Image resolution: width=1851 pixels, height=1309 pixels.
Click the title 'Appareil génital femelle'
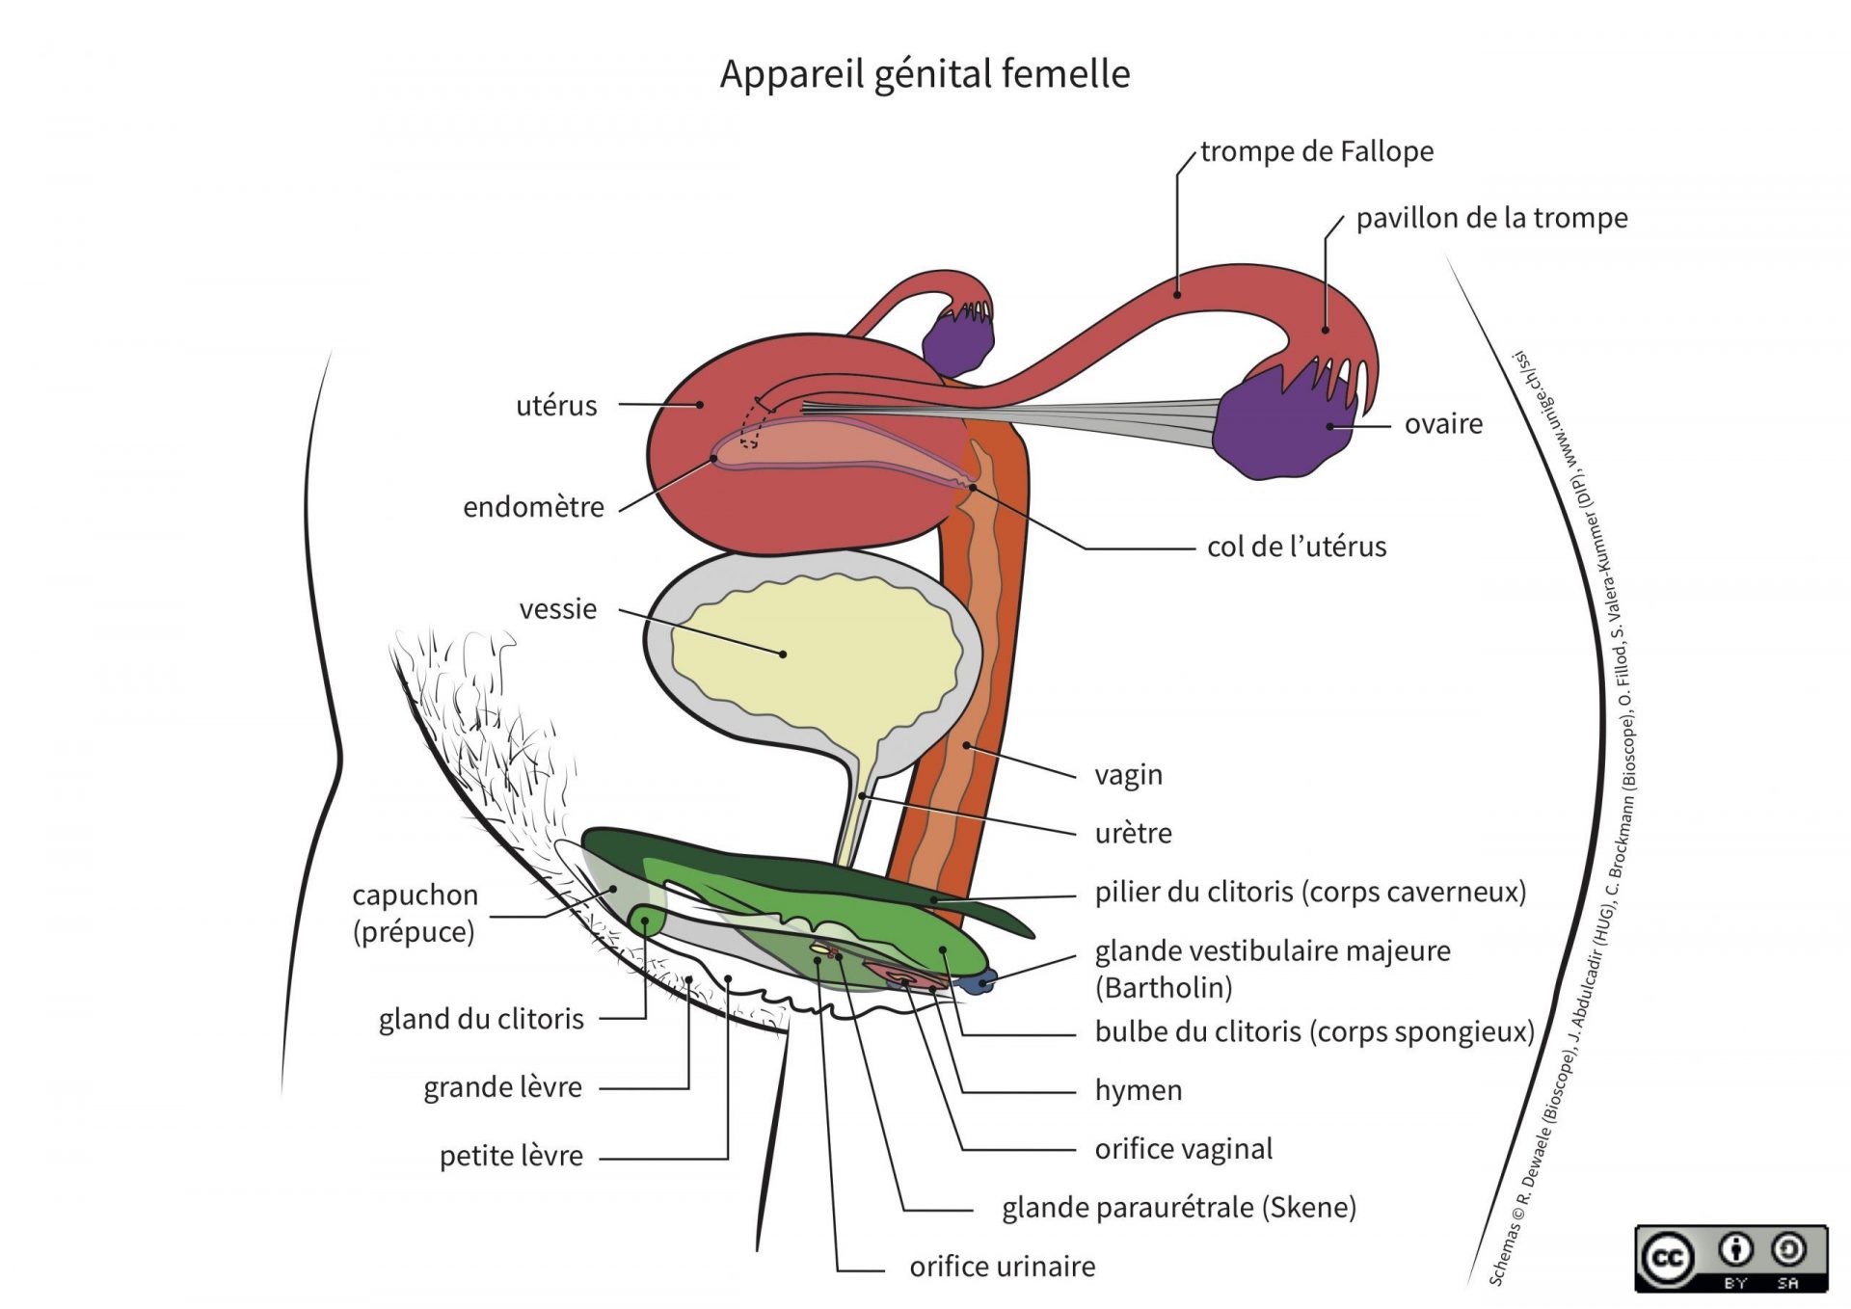925,74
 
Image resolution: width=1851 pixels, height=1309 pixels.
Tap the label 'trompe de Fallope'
1316,151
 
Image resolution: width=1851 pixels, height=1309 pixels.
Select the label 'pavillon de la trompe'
1491,219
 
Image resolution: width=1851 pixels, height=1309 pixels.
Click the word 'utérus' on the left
556,406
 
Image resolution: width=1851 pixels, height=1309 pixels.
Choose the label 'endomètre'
533,507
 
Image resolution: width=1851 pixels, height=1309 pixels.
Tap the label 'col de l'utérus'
1296,547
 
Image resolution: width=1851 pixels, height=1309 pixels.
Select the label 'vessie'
557,609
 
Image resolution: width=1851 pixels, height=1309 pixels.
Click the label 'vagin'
1128,775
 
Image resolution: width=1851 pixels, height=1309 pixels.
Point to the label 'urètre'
1133,833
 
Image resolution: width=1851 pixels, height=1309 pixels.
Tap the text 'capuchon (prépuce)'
415,913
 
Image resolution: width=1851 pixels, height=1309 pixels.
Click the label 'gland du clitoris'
481,1019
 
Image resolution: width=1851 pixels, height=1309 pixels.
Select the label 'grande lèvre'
502,1087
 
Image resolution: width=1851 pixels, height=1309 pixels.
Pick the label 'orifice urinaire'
1002,1267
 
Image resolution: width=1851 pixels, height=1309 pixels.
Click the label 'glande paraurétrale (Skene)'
1178,1208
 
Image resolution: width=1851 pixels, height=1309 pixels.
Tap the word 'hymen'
1138,1090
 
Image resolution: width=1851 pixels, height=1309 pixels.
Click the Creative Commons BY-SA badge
1730,1258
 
